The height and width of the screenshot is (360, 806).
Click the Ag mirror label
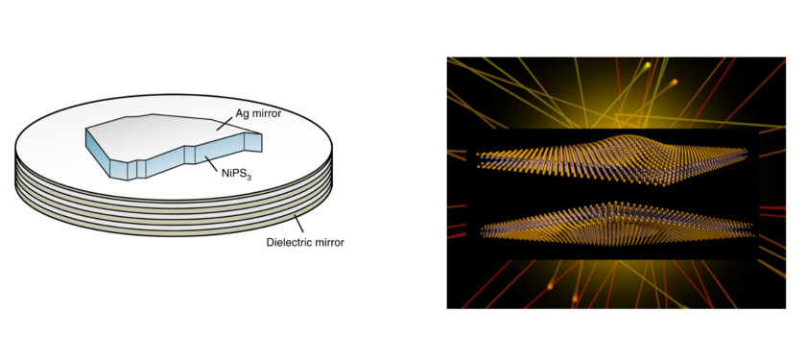[253, 114]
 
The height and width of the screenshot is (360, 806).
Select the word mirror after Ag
[261, 114]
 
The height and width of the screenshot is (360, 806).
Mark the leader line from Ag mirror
[222, 123]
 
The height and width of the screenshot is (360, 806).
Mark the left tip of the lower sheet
[483, 230]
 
